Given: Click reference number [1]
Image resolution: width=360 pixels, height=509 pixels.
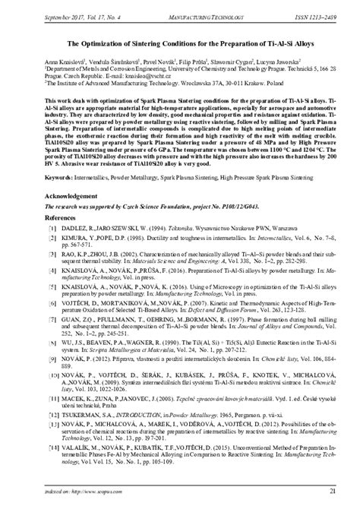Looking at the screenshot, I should coord(52,248).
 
